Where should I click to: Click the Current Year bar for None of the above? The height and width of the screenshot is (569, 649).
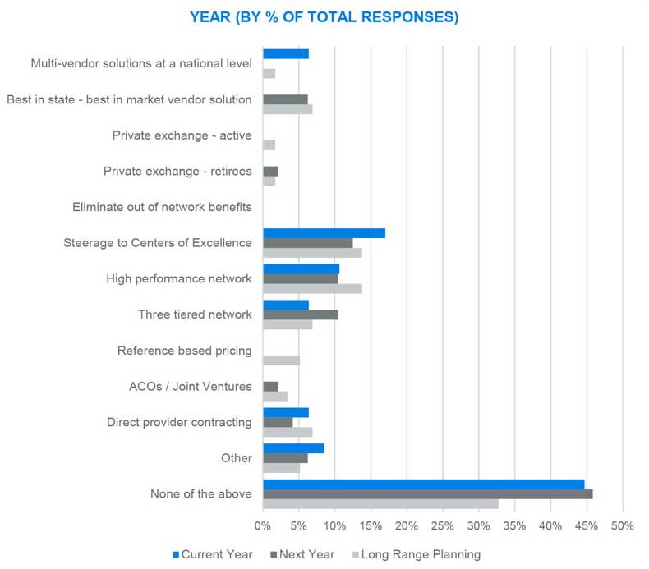click(x=423, y=484)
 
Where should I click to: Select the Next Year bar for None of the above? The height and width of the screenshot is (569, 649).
click(x=427, y=494)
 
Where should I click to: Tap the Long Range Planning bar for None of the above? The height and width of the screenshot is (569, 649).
click(x=380, y=504)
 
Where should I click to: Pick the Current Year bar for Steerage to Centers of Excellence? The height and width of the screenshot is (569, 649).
click(x=324, y=233)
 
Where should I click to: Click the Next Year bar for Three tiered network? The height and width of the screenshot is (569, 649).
click(x=300, y=314)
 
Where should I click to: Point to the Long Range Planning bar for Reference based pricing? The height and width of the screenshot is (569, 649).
click(x=281, y=360)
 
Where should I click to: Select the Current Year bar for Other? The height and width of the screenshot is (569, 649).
click(x=293, y=448)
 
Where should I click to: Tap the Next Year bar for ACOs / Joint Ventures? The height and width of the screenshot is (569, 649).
click(x=270, y=386)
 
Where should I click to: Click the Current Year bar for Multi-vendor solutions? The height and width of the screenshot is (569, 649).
click(x=285, y=54)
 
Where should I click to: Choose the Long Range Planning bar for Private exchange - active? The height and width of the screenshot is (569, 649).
click(x=269, y=145)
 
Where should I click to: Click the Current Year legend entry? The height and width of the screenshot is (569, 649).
click(x=211, y=554)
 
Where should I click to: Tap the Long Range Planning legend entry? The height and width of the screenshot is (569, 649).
click(x=415, y=554)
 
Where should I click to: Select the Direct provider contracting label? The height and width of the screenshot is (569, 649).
click(x=179, y=422)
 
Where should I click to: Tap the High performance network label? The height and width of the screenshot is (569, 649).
click(x=179, y=278)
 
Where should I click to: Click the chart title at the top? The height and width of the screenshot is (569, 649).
click(x=324, y=16)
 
